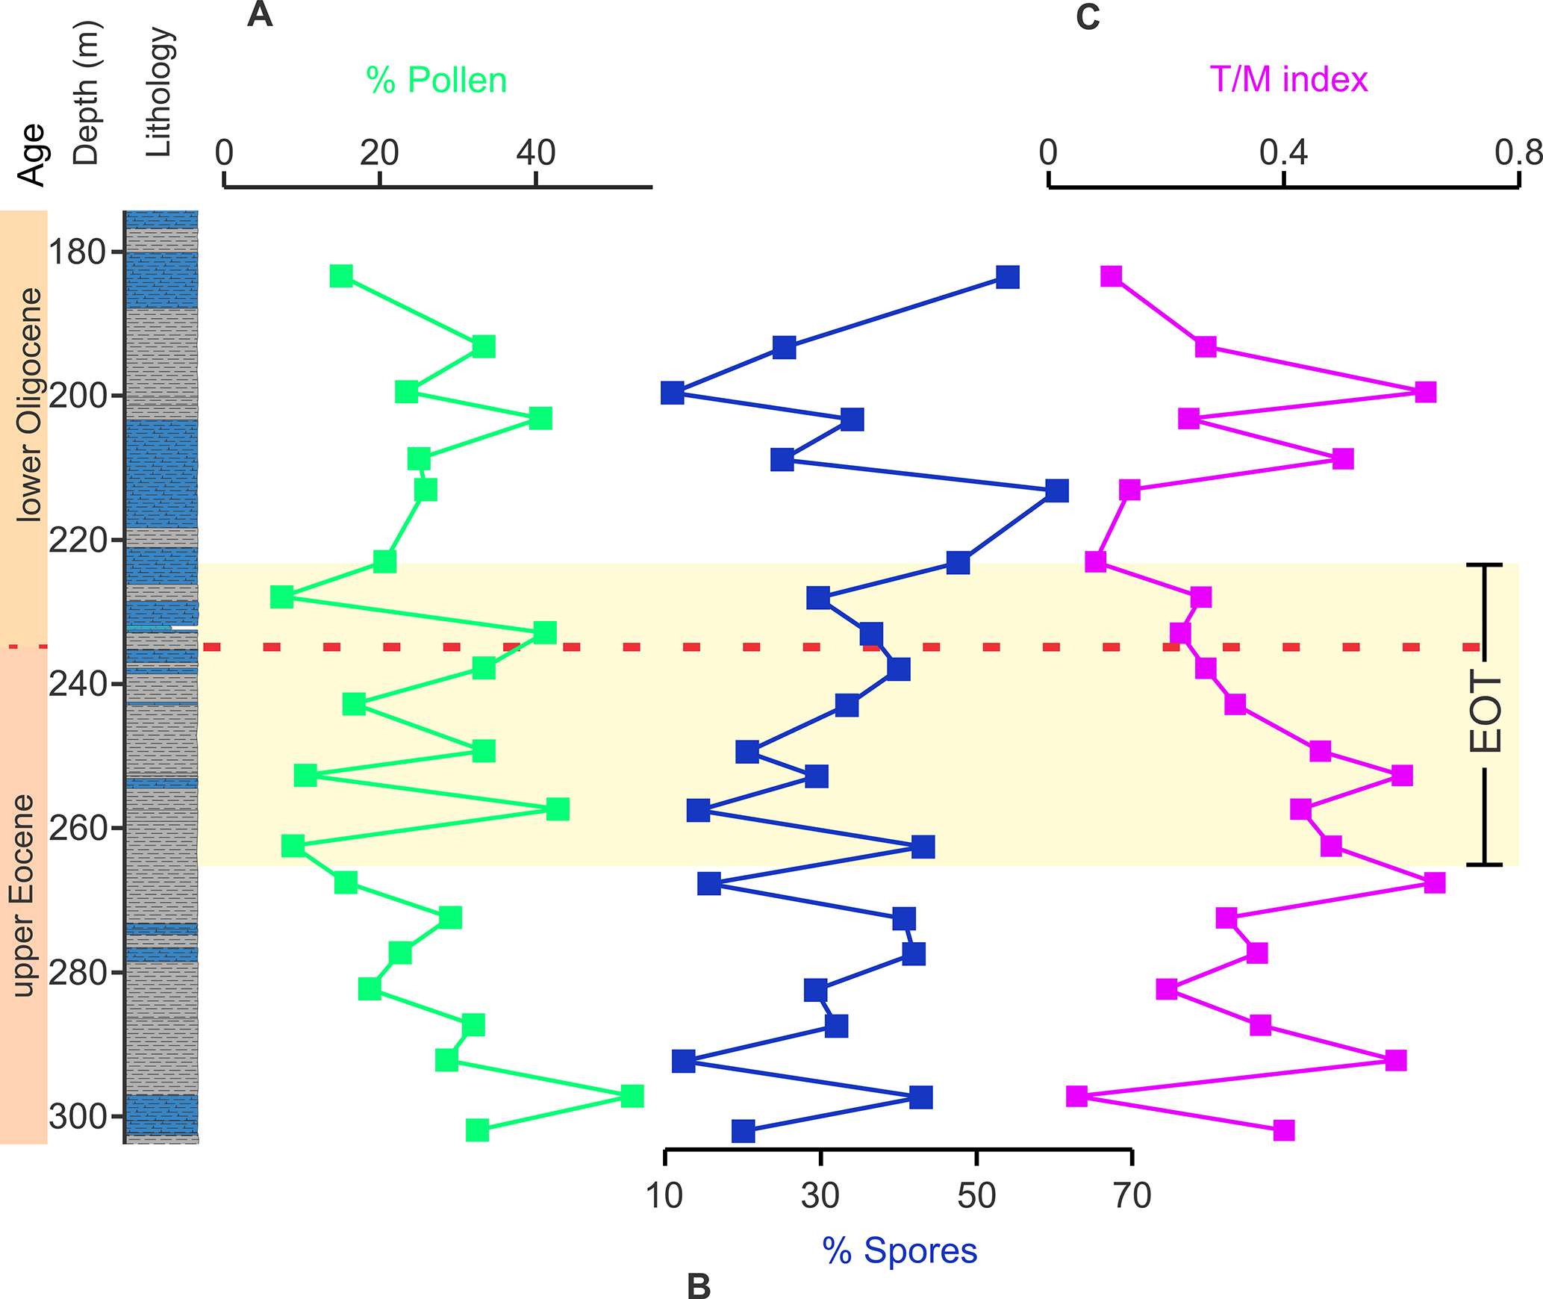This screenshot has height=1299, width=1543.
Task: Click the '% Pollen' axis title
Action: click(x=436, y=80)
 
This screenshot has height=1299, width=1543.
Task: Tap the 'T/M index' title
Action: click(x=1288, y=79)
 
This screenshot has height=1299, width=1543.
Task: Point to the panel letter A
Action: click(x=260, y=14)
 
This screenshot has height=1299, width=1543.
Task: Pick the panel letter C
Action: click(x=1088, y=16)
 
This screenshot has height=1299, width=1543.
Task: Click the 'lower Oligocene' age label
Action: click(x=30, y=404)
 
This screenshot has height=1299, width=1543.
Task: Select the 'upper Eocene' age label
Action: click(x=24, y=895)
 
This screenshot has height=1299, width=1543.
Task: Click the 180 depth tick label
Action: click(x=77, y=252)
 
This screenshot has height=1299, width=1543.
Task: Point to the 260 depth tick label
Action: click(x=77, y=828)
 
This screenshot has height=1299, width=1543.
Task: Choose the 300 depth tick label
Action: click(x=77, y=1117)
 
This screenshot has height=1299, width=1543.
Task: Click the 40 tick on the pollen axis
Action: click(x=536, y=153)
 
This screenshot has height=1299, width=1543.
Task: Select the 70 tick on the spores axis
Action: click(x=1132, y=1195)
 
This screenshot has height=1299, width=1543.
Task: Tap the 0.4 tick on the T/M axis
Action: click(x=1283, y=153)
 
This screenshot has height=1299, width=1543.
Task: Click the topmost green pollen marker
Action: click(x=341, y=275)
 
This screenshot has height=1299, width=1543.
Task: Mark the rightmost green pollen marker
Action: click(x=632, y=1096)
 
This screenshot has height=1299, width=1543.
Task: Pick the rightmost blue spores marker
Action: click(x=1057, y=490)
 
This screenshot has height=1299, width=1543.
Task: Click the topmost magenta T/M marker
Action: click(x=1112, y=276)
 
